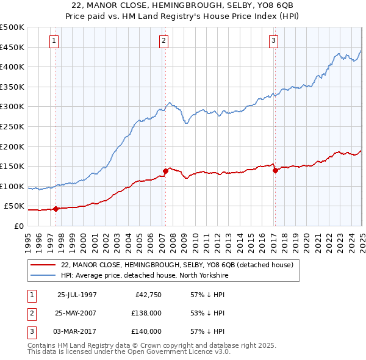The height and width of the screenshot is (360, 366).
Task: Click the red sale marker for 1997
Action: (x=56, y=209)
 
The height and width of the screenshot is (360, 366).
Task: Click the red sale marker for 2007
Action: (x=165, y=171)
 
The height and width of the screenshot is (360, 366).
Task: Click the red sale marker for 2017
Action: (x=275, y=170)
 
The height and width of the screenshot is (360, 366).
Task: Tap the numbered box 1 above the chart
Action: (x=54, y=41)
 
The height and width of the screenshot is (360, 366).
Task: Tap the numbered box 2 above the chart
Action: (x=164, y=41)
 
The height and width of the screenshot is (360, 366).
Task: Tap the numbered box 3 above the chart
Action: (x=274, y=41)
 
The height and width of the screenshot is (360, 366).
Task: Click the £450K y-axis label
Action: (x=12, y=47)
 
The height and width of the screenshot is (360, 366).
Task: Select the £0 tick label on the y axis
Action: (x=18, y=226)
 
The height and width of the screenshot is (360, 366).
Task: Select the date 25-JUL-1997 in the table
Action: (x=77, y=294)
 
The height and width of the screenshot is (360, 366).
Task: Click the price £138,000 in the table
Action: (x=147, y=313)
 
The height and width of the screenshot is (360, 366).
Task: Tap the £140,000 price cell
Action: (x=147, y=332)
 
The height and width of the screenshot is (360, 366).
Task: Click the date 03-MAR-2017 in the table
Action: (x=77, y=332)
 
